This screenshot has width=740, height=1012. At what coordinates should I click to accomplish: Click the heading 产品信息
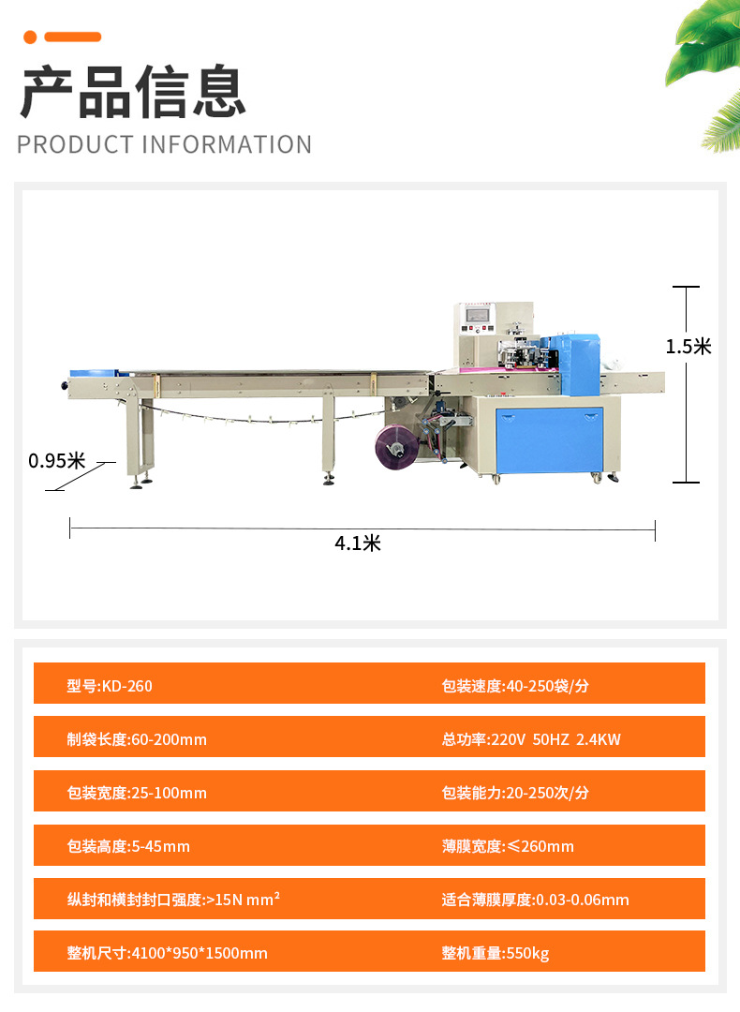(133, 93)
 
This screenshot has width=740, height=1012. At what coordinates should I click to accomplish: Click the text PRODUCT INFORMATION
(164, 145)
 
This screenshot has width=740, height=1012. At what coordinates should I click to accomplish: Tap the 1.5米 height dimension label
(688, 347)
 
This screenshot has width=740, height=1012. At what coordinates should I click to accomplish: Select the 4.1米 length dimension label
(358, 543)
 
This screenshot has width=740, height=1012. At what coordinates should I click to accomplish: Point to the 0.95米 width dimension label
(56, 461)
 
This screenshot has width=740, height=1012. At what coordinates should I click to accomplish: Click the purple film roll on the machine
(395, 446)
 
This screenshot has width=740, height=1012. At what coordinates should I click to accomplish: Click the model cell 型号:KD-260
(110, 686)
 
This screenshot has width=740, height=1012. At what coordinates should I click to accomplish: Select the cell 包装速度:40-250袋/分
(515, 686)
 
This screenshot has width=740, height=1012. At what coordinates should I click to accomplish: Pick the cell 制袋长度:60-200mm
(137, 739)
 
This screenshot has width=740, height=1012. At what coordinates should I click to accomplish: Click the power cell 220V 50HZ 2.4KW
(531, 739)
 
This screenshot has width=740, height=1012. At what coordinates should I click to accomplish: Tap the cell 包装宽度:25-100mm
(137, 793)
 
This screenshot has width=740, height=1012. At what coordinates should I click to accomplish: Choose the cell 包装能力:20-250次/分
(515, 793)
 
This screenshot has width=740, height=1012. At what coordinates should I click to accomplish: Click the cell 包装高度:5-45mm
(128, 846)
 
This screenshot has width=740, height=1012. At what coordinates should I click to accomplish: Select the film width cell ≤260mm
(508, 846)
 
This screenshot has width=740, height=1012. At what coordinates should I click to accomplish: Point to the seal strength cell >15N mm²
(173, 900)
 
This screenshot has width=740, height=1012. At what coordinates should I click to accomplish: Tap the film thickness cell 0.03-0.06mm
(535, 900)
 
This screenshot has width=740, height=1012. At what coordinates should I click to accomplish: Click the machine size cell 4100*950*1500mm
(167, 953)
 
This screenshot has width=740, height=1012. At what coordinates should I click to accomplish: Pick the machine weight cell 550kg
(496, 953)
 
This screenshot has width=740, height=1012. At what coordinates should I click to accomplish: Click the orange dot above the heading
(30, 37)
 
